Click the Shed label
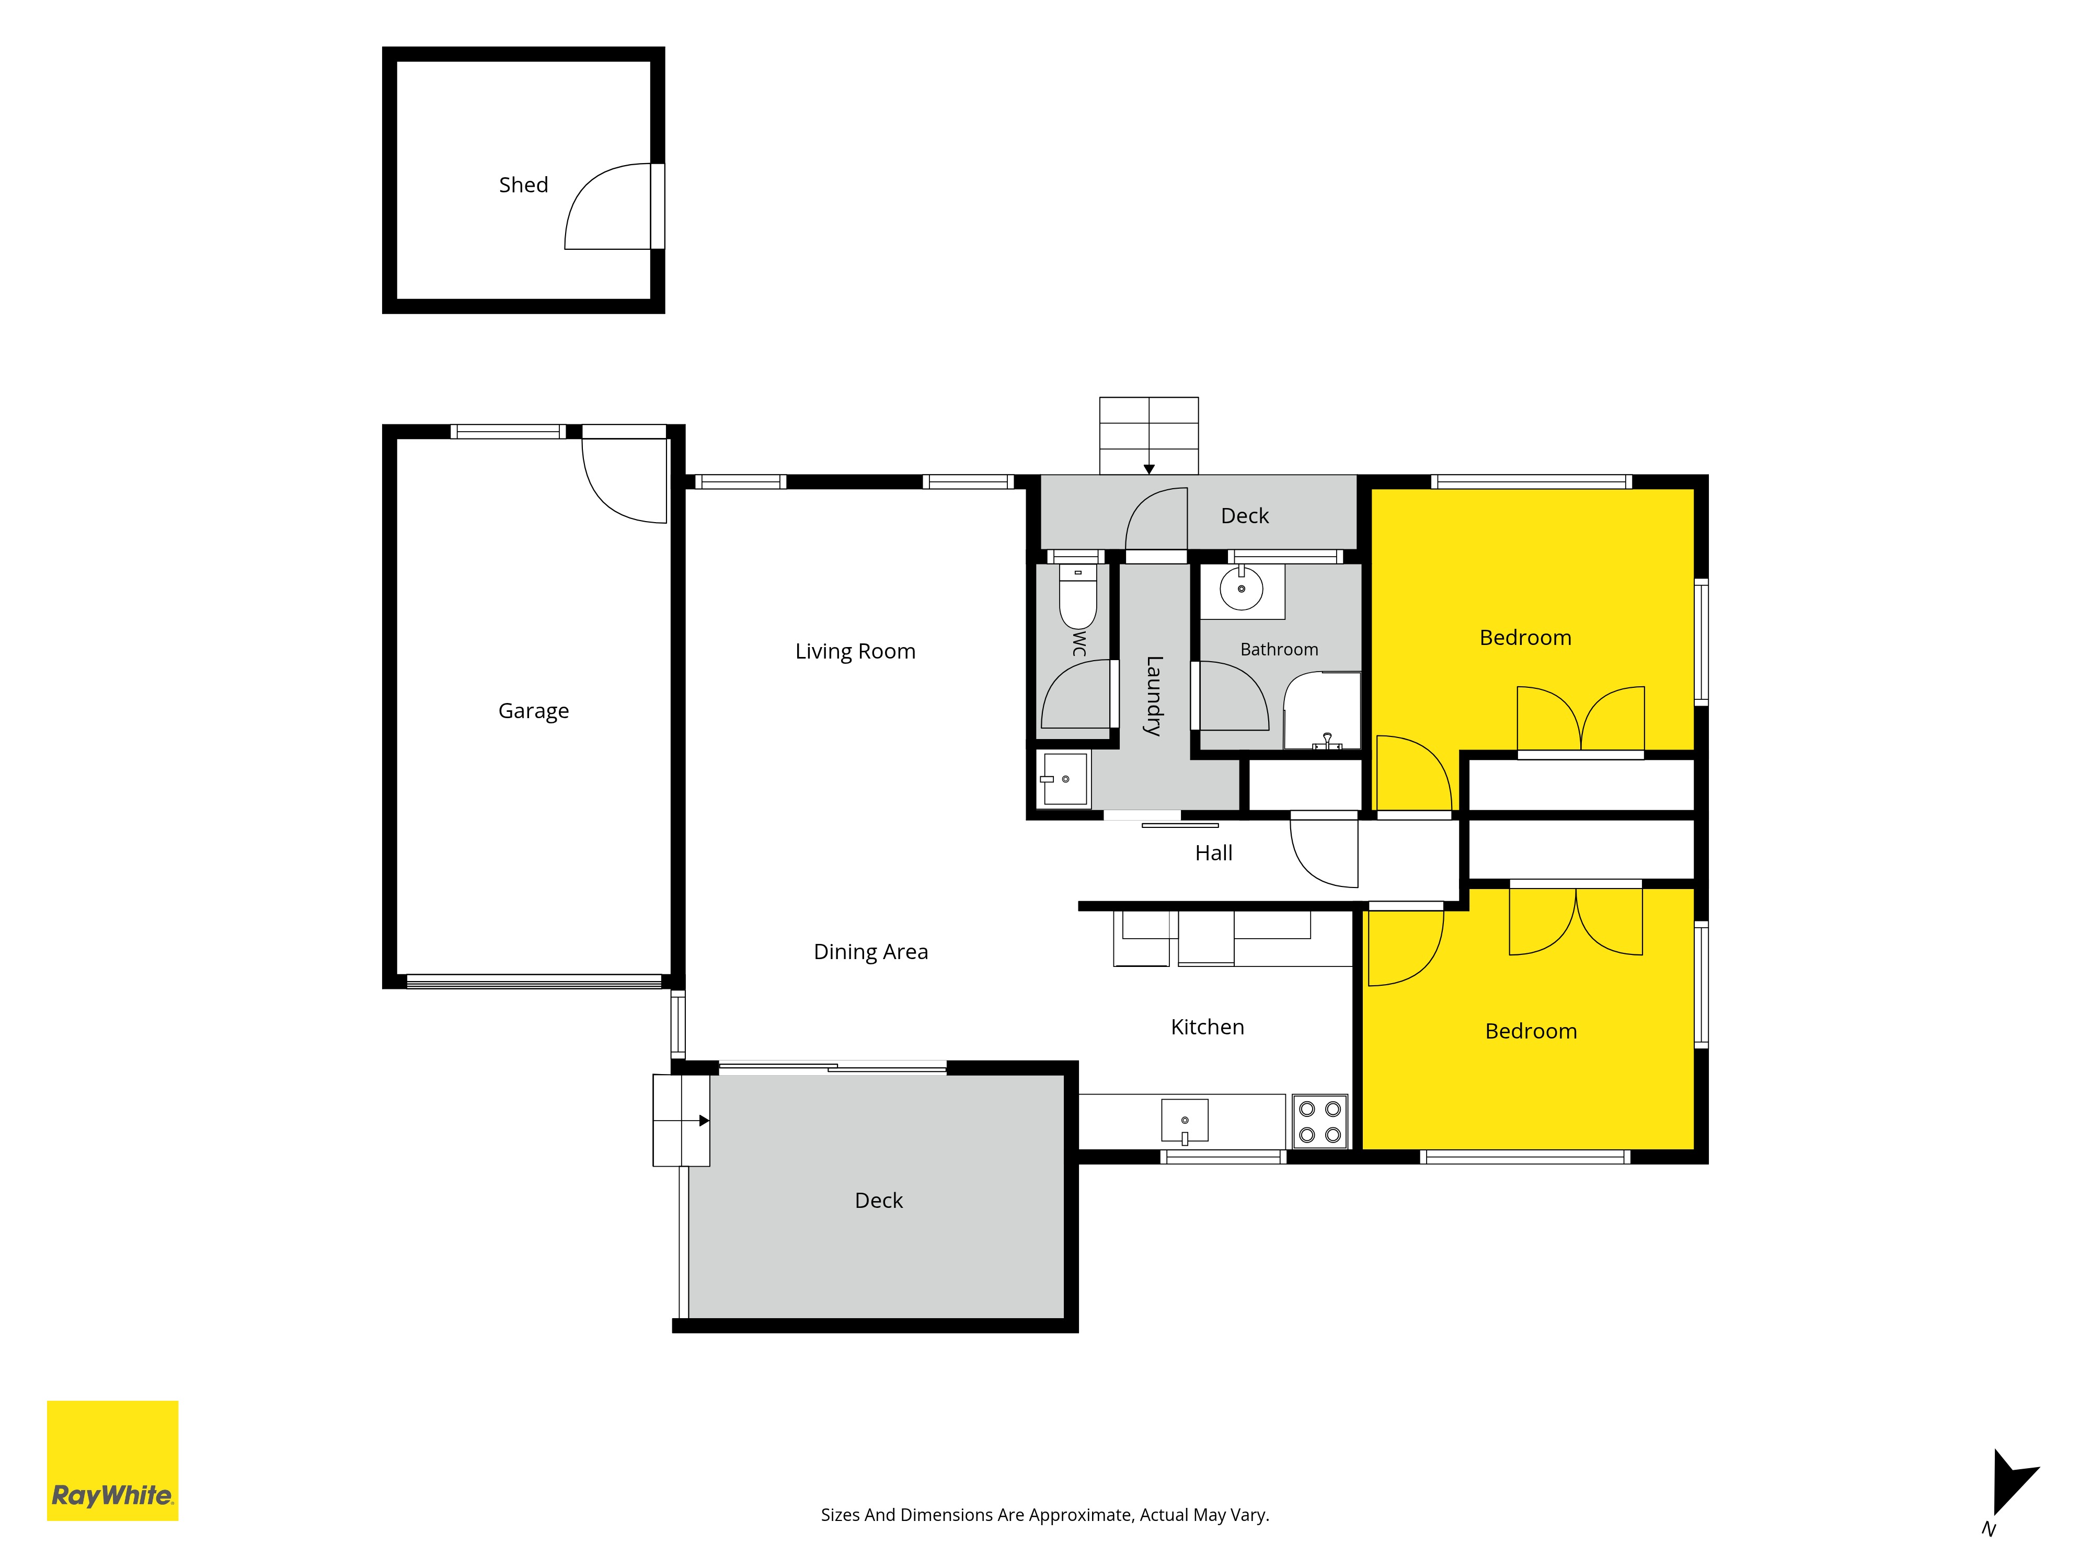[x=523, y=185]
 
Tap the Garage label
[x=533, y=711]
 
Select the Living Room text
[x=855, y=651]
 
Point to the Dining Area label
[x=870, y=952]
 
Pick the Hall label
[x=1214, y=852]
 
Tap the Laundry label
[x=1153, y=696]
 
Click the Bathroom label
[x=1279, y=649]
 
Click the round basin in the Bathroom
[x=1241, y=589]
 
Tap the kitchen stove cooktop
[x=1319, y=1121]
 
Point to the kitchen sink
[x=1185, y=1121]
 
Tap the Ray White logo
[x=112, y=1460]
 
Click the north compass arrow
[x=2012, y=1482]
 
